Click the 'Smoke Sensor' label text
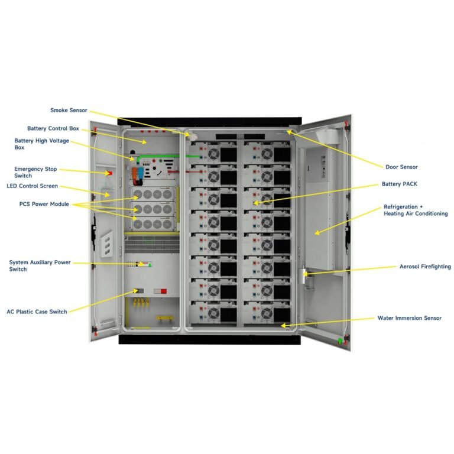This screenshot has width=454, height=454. (x=69, y=110)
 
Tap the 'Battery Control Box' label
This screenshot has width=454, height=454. (x=53, y=128)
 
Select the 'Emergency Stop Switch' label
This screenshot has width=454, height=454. (x=35, y=172)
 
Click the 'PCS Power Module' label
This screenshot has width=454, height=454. (x=44, y=204)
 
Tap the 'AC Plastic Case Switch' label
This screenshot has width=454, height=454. (x=37, y=311)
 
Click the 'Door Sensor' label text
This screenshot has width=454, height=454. (x=401, y=167)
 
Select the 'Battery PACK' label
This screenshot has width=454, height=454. (x=399, y=184)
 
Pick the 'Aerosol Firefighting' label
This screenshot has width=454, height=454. (x=425, y=267)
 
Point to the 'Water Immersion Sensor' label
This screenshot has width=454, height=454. (x=409, y=318)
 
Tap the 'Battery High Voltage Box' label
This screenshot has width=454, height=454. (x=41, y=144)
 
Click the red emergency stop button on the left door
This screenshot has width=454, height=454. (x=108, y=173)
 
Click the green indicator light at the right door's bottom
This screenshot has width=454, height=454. (x=339, y=341)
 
